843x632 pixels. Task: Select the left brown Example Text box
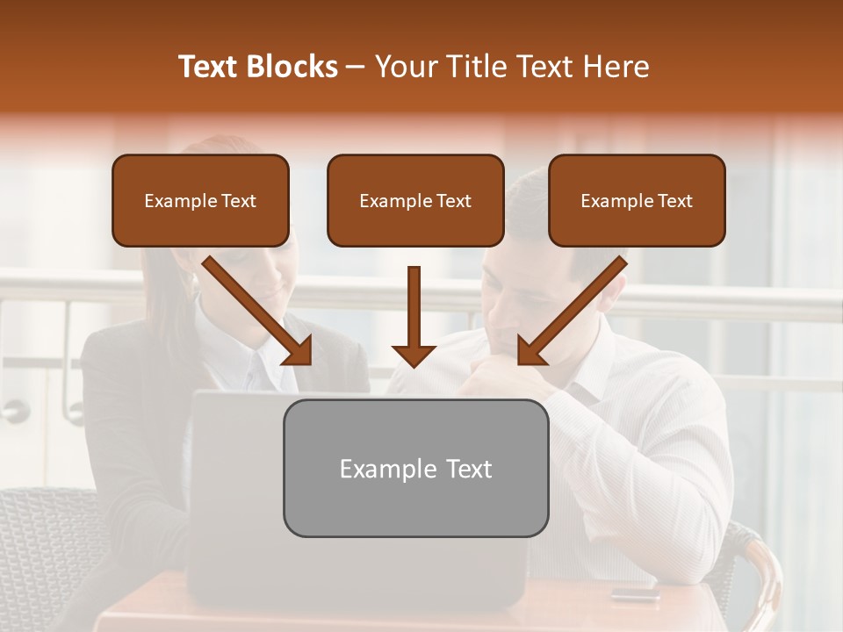click(x=200, y=200)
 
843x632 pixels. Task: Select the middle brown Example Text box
click(x=415, y=200)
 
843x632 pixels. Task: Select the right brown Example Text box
click(x=637, y=200)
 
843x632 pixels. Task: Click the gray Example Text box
click(x=415, y=468)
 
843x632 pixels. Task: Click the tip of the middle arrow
click(x=414, y=363)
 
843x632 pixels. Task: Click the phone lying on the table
click(x=635, y=593)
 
